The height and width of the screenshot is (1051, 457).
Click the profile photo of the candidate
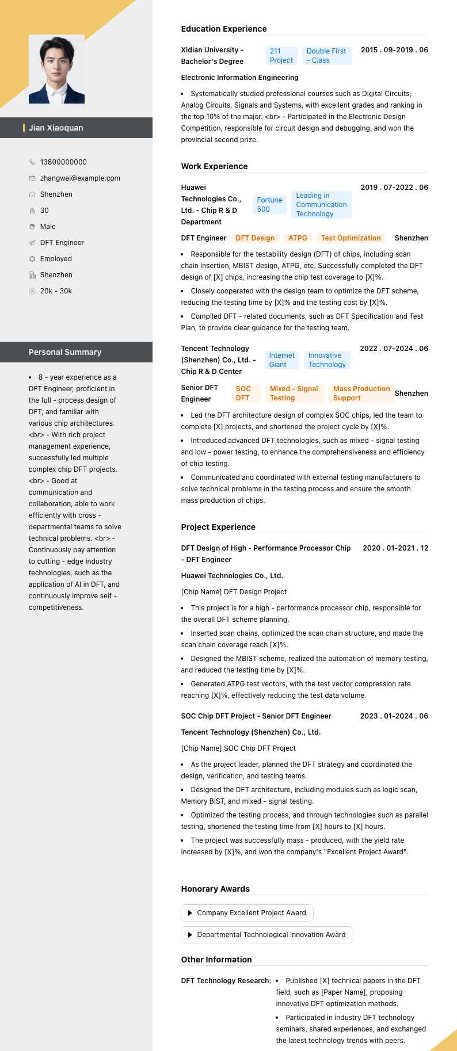pos(56,69)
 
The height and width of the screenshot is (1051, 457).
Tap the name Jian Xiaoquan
pos(56,128)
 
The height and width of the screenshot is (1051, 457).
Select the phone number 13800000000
pos(63,162)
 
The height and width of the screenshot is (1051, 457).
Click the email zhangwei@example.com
pos(80,178)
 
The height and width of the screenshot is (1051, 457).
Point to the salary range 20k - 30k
pos(56,291)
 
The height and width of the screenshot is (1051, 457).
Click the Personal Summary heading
pos(65,352)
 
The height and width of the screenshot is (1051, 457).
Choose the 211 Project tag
pos(281,56)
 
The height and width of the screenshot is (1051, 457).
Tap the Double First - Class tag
pos(326,56)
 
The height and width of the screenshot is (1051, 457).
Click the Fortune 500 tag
pos(269,205)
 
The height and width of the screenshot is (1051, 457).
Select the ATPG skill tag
pos(298,238)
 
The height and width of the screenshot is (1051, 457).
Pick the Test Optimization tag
pos(351,238)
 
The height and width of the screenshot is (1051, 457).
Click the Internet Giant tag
pos(281,360)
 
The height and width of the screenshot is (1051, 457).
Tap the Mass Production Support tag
pos(361,393)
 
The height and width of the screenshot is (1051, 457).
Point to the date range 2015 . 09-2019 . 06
pos(394,50)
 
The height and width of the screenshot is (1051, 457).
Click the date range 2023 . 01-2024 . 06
pos(394,716)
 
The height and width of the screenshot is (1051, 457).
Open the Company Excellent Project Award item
pos(247,913)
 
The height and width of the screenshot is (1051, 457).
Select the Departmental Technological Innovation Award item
pos(267,935)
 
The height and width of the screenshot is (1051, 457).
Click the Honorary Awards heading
pos(215,889)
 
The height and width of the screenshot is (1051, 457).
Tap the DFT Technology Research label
pos(226,981)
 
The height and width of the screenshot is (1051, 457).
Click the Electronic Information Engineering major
pos(239,78)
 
